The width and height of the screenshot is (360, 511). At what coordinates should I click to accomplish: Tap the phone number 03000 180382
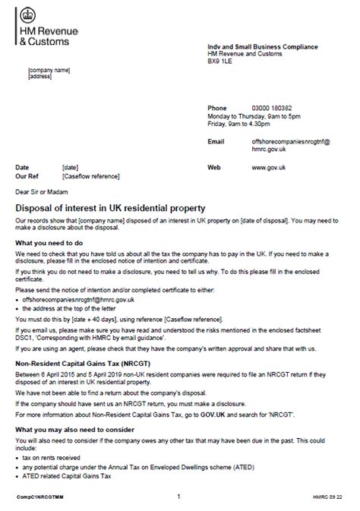click(272, 108)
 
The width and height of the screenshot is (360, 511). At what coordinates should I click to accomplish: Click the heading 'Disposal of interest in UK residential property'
click(109, 207)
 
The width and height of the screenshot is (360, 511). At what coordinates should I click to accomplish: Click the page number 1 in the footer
click(178, 497)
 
